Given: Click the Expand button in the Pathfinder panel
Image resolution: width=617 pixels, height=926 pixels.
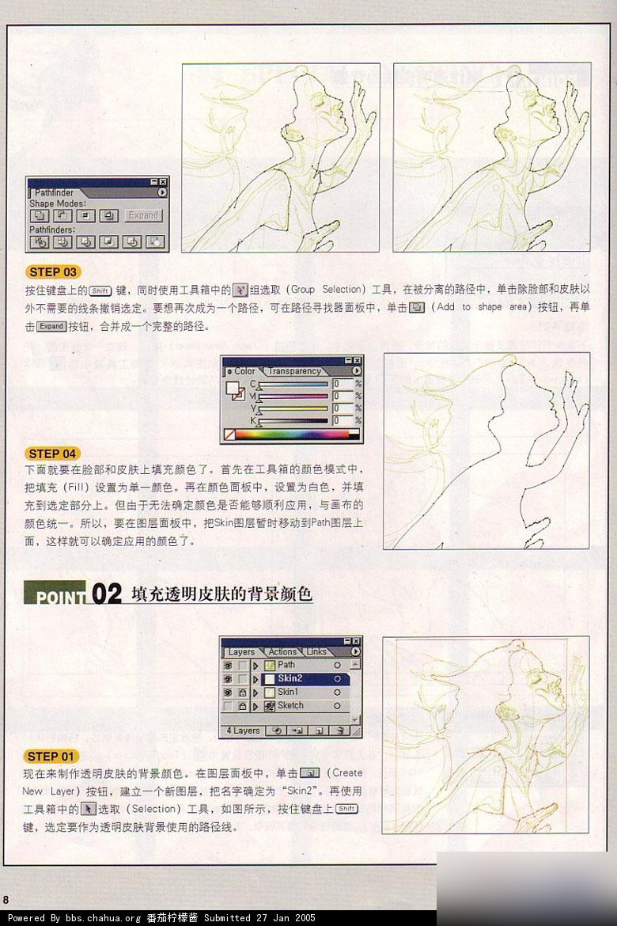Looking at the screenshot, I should tap(144, 215).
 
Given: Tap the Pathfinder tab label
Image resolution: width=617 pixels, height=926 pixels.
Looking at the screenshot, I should tap(54, 192).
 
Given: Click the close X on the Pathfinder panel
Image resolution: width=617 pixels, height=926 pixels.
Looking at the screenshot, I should tap(164, 182).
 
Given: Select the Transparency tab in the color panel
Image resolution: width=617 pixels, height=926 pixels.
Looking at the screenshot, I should tap(294, 371).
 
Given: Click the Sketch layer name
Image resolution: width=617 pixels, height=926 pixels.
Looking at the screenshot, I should tap(290, 705).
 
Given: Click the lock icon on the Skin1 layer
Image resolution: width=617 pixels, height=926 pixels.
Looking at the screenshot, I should tap(242, 692).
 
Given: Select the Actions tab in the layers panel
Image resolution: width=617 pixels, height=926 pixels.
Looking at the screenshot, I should tap(282, 652).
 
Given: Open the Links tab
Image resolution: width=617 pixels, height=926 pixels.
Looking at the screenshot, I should tap(316, 652).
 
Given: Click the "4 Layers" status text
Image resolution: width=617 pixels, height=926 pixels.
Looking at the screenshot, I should tap(243, 731).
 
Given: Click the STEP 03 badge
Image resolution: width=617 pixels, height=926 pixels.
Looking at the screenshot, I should tap(53, 271).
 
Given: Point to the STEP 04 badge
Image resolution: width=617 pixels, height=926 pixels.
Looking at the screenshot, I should tap(53, 454).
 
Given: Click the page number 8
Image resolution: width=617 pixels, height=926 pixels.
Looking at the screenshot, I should tap(6, 900).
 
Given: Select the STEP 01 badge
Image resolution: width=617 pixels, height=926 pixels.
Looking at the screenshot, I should tap(53, 756).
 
